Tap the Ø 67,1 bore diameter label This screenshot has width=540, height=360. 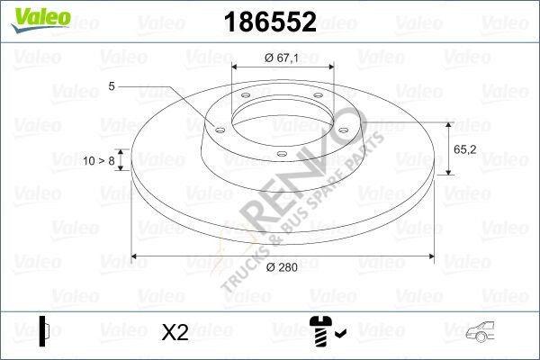(x=282, y=58)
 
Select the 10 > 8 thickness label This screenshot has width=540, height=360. (x=99, y=161)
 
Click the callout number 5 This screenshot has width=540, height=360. (x=111, y=86)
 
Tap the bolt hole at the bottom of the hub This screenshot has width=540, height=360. (x=281, y=154)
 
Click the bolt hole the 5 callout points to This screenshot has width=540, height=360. (x=218, y=128)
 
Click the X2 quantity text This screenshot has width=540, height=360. (x=175, y=332)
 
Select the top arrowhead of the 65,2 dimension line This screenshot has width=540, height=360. (x=449, y=122)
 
